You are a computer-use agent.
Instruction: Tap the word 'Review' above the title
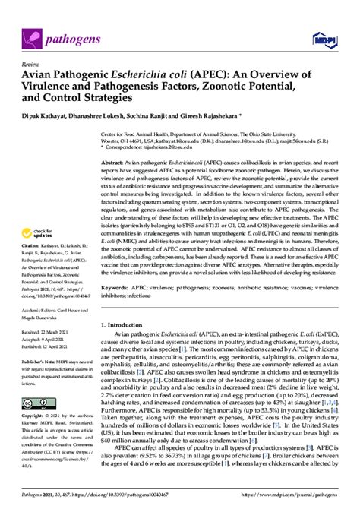point(21,66)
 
